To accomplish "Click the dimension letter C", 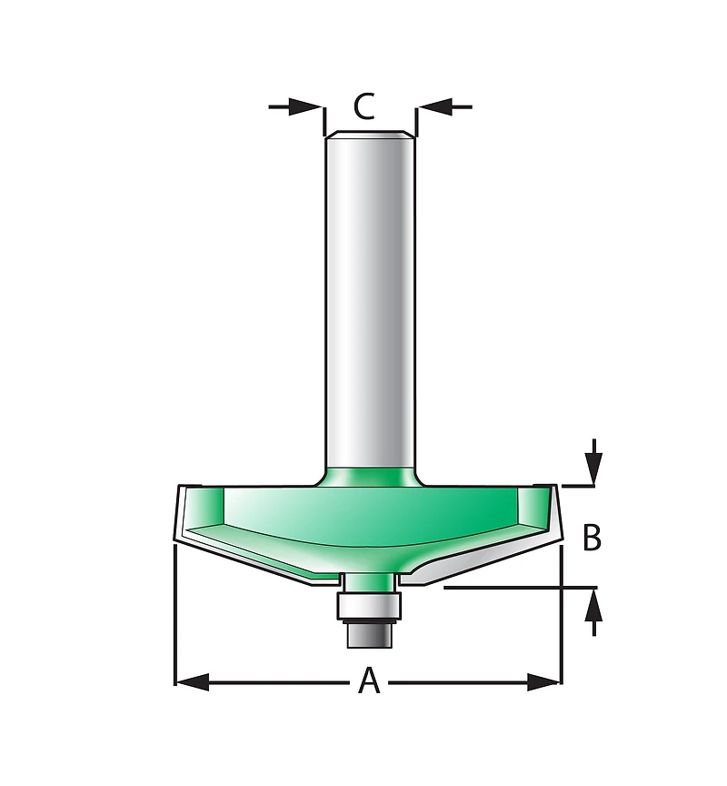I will (x=363, y=107).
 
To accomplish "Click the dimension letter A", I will (x=368, y=680).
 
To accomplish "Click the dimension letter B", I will (x=592, y=538).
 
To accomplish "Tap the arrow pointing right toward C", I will (x=296, y=107).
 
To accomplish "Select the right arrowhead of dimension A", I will (x=543, y=681).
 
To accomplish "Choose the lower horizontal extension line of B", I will (x=518, y=589).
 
